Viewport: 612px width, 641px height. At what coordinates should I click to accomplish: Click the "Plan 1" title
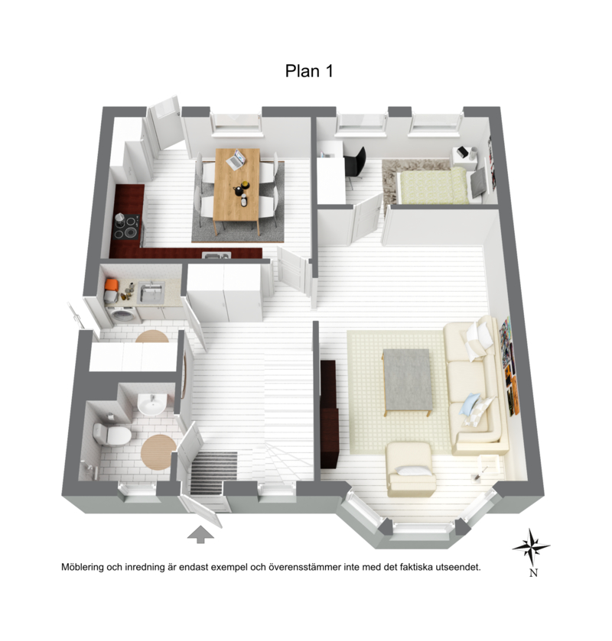tap(309, 71)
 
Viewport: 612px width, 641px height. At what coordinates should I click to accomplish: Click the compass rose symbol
tap(531, 547)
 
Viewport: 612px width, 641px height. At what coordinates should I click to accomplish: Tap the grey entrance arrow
tap(200, 535)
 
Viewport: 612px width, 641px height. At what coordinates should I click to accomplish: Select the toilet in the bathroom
tap(112, 434)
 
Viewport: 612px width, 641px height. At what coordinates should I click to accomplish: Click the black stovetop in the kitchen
tap(127, 226)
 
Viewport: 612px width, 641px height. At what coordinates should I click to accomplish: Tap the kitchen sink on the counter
tap(216, 256)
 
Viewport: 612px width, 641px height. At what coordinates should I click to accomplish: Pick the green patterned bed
tap(433, 186)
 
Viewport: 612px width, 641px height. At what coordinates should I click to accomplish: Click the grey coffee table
tap(408, 380)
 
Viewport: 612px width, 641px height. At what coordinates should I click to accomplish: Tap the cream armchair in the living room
tap(411, 468)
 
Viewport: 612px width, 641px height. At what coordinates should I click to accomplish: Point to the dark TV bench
tap(329, 413)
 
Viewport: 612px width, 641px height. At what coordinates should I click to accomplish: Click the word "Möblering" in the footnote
tap(83, 567)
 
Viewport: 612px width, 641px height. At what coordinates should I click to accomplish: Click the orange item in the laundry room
tap(111, 284)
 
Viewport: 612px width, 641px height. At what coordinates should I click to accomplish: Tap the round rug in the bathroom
tap(158, 452)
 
